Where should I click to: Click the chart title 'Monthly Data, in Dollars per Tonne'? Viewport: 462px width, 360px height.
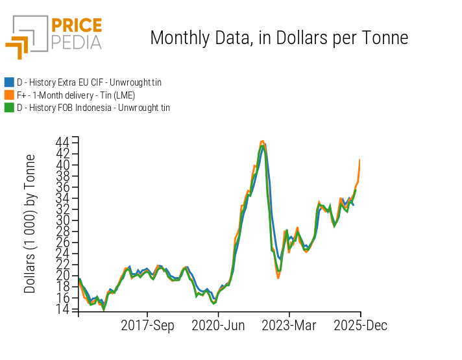pyautogui.click(x=279, y=38)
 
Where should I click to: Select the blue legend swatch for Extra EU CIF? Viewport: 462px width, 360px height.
pyautogui.click(x=9, y=82)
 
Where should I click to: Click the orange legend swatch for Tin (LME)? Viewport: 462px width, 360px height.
pyautogui.click(x=9, y=95)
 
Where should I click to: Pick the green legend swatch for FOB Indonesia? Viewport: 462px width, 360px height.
pyautogui.click(x=9, y=108)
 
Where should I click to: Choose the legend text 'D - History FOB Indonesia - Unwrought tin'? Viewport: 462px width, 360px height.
pyautogui.click(x=93, y=108)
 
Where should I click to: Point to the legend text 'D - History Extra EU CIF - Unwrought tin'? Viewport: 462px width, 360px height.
pyautogui.click(x=89, y=82)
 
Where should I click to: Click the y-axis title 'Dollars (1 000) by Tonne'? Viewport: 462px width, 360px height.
pyautogui.click(x=30, y=224)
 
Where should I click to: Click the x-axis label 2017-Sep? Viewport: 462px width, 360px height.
pyautogui.click(x=147, y=326)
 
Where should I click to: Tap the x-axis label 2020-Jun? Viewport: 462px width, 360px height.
pyautogui.click(x=218, y=326)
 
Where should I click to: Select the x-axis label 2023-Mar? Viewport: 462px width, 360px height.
pyautogui.click(x=288, y=326)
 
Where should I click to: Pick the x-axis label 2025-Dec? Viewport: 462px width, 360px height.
pyautogui.click(x=360, y=326)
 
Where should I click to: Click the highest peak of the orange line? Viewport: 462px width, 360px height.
pyautogui.click(x=262, y=141)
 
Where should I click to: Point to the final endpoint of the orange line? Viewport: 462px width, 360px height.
pyautogui.click(x=359, y=160)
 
